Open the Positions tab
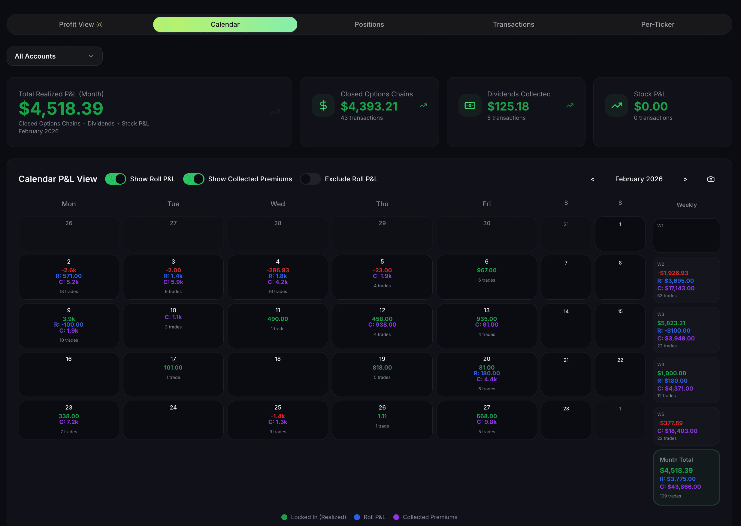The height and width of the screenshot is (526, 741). tap(369, 24)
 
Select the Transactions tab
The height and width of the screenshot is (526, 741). tap(513, 24)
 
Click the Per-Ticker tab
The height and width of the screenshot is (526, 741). tap(658, 24)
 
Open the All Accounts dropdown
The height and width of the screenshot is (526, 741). tap(54, 56)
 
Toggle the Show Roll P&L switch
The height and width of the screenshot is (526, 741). tap(116, 179)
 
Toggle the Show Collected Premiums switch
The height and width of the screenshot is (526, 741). tap(194, 179)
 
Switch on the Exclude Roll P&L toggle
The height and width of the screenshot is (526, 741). tap(310, 179)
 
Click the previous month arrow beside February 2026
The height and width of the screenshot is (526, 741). tap(592, 179)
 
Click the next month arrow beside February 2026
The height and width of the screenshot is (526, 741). tap(685, 179)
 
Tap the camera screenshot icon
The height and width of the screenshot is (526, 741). tap(711, 179)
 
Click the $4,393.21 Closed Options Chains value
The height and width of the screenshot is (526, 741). tap(369, 106)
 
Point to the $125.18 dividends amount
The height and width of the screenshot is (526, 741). tap(508, 106)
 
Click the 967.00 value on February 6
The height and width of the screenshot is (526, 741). tap(486, 270)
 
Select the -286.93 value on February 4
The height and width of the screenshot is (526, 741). tap(277, 270)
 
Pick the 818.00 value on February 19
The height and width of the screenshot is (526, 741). tap(382, 367)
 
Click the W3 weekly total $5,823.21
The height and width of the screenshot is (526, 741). tap(671, 323)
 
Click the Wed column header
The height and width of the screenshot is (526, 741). tap(277, 204)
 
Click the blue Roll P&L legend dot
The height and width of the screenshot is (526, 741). tap(357, 517)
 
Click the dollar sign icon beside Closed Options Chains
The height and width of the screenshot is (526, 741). tap(323, 105)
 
